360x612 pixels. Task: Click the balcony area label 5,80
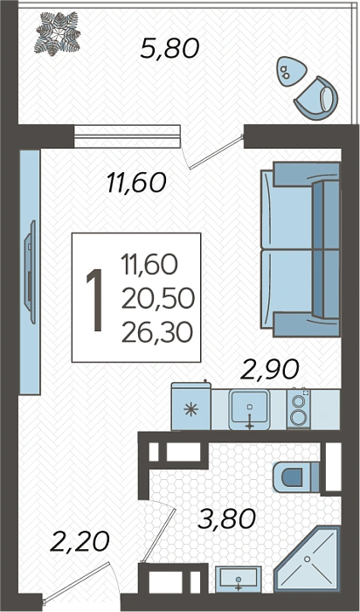click(x=170, y=50)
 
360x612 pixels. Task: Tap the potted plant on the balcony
click(x=57, y=32)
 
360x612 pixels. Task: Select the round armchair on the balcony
click(x=316, y=98)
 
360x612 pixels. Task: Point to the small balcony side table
click(x=291, y=72)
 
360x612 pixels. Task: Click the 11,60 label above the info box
click(x=136, y=183)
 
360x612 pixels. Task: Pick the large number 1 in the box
click(x=94, y=300)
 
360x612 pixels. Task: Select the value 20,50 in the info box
click(x=157, y=299)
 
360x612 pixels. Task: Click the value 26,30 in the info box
click(x=157, y=333)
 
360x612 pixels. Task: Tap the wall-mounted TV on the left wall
click(x=31, y=272)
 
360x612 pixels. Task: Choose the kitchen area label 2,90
click(x=269, y=369)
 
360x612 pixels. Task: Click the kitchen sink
click(x=250, y=409)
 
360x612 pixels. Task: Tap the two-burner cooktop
click(x=299, y=409)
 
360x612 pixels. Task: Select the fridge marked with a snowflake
click(x=191, y=406)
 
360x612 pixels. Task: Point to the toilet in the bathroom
click(x=296, y=477)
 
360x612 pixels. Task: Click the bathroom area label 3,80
click(x=226, y=519)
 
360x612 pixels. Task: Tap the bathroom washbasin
click(x=239, y=579)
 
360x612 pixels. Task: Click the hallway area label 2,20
click(x=80, y=543)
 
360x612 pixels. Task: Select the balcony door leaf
click(x=216, y=152)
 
